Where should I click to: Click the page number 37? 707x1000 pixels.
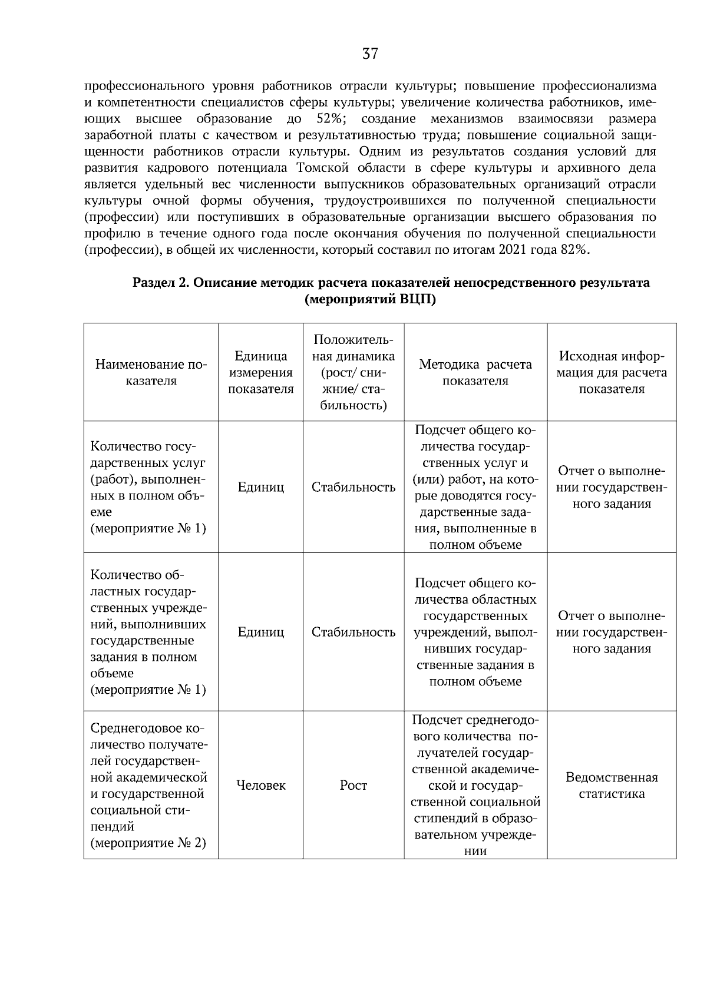click(370, 54)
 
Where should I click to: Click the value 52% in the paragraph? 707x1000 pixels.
click(330, 119)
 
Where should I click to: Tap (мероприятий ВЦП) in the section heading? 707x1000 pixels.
click(371, 299)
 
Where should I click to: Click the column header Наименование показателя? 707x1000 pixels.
click(151, 372)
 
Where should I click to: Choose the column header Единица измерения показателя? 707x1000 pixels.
click(260, 372)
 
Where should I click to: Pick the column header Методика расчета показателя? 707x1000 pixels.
click(475, 372)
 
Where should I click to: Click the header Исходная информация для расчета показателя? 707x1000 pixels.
click(612, 372)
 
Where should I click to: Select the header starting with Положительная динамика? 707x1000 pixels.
click(353, 372)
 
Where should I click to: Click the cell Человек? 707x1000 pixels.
click(260, 785)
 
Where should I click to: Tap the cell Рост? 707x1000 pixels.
click(353, 785)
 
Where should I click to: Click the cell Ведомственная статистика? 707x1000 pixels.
click(612, 785)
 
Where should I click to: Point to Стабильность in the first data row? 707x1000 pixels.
click(353, 487)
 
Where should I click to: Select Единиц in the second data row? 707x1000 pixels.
click(260, 632)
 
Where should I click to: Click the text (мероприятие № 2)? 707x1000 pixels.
click(148, 843)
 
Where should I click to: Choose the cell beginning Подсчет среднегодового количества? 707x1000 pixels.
click(475, 785)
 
